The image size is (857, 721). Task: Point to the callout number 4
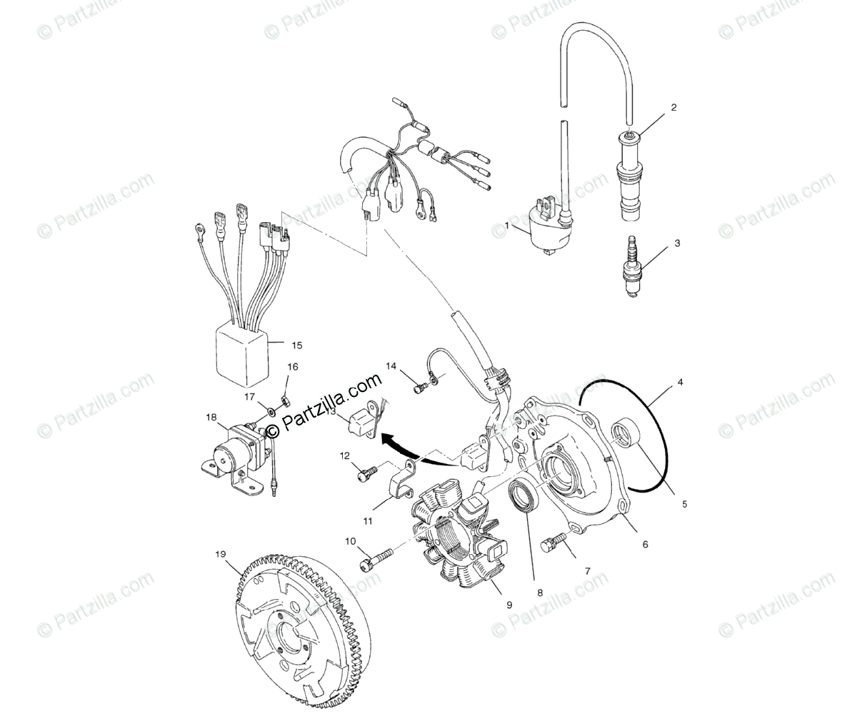pyautogui.click(x=680, y=383)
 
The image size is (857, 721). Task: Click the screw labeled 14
pyautogui.click(x=421, y=387)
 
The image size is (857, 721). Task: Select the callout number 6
pyautogui.click(x=645, y=544)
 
